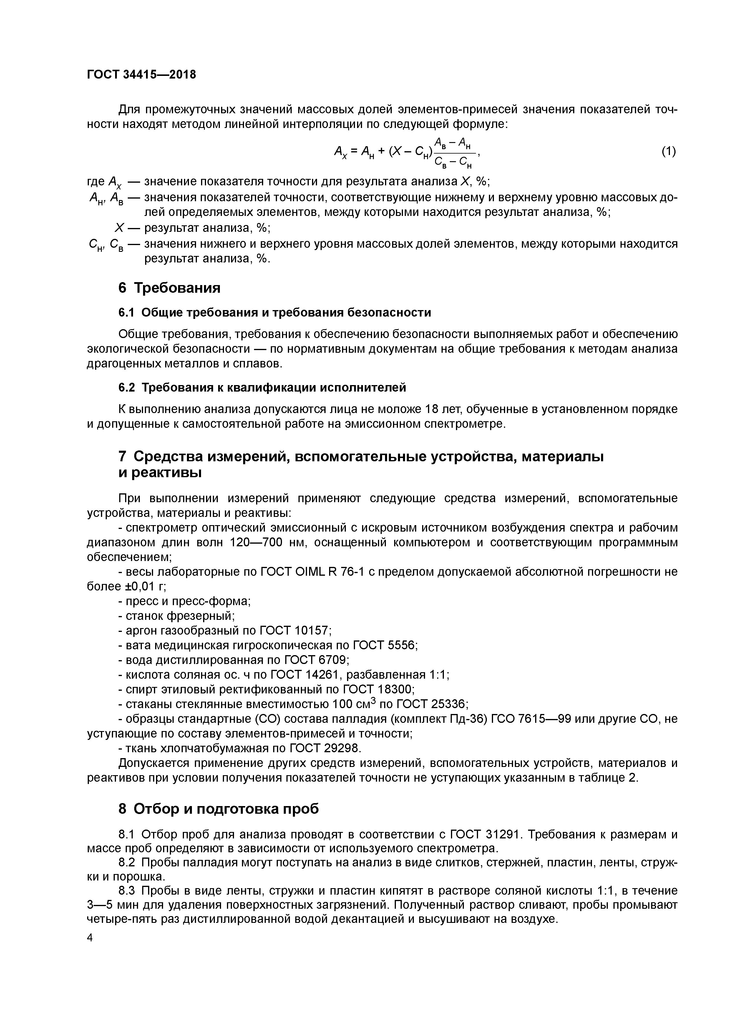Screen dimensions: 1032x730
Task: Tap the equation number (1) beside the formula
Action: coord(668,152)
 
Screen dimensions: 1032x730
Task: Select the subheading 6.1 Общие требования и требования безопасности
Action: coord(274,312)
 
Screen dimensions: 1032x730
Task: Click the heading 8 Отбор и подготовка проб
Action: coord(219,809)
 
